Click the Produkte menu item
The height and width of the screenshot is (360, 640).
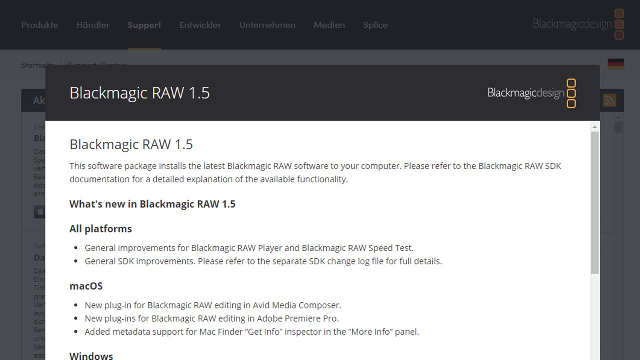point(40,25)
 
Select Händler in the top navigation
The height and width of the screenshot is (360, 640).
point(93,25)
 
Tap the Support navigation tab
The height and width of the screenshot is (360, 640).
point(144,25)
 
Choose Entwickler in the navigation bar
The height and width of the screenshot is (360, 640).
point(200,25)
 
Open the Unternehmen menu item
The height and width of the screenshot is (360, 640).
point(267,25)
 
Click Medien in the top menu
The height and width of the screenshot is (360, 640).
point(329,25)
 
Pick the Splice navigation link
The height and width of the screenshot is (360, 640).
point(375,25)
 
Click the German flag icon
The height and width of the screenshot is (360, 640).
point(616,64)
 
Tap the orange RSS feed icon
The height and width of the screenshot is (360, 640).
point(609,100)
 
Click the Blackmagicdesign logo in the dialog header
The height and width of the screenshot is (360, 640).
point(532,93)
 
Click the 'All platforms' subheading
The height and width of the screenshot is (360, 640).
point(101,229)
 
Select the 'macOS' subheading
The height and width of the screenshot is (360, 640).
point(86,286)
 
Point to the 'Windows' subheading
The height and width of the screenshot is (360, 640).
point(91,355)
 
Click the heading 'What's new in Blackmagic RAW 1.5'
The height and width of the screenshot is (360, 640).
point(152,204)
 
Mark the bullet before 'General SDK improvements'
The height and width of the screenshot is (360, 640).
point(76,261)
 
